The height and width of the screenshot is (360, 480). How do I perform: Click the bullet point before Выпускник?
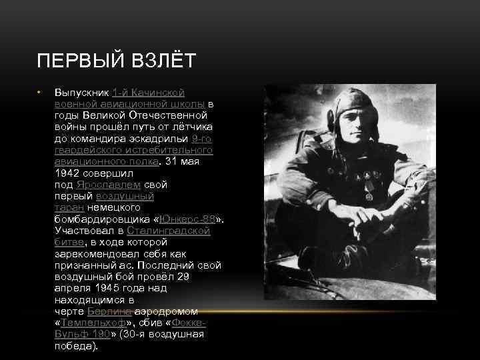click(x=40, y=92)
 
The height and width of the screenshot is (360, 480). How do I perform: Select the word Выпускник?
click(x=81, y=92)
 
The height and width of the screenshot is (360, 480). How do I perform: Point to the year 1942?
click(x=67, y=173)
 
